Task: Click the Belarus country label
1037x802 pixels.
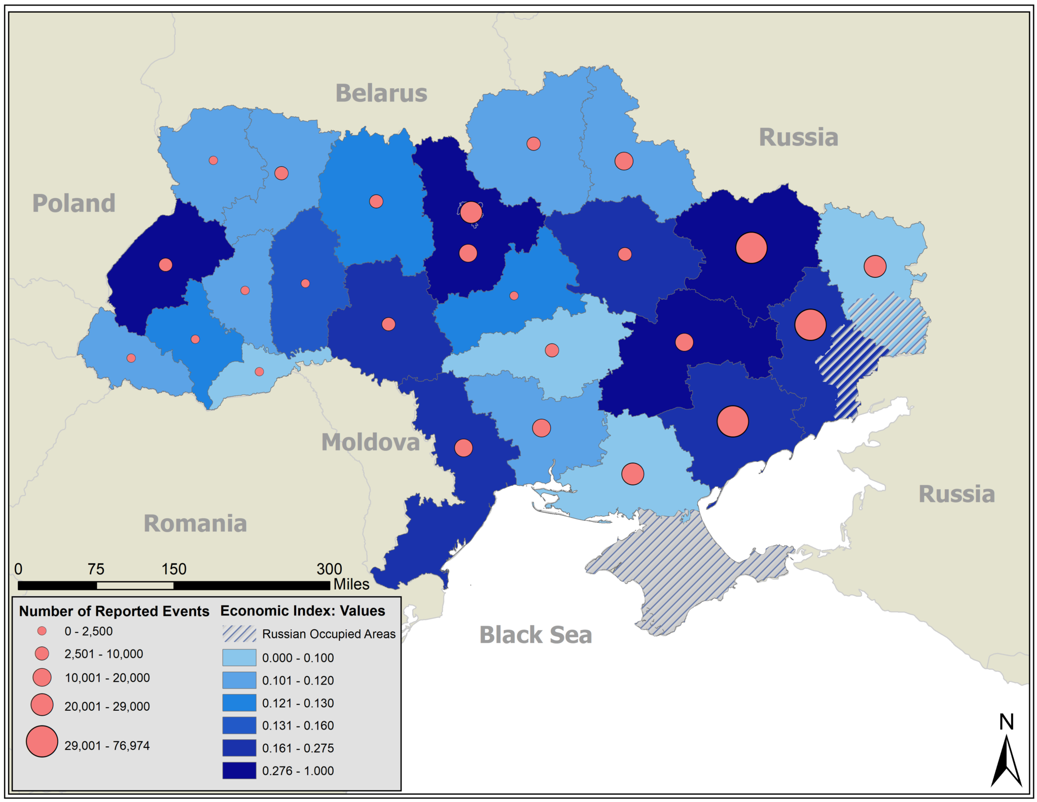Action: (x=381, y=93)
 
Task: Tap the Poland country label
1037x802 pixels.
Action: (x=74, y=203)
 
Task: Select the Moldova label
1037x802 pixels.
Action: (x=371, y=442)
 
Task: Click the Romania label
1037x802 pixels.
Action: (x=195, y=523)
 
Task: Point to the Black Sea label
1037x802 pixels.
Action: (x=536, y=635)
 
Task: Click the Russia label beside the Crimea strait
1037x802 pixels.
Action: (x=956, y=494)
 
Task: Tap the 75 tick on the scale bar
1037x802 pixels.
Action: (x=96, y=569)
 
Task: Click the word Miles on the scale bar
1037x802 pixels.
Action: (x=351, y=585)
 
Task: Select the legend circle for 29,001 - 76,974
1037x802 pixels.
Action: (x=42, y=741)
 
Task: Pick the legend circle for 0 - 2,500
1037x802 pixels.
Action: (x=42, y=631)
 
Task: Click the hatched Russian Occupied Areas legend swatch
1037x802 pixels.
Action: (x=239, y=634)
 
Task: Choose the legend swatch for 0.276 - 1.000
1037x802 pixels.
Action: (x=239, y=770)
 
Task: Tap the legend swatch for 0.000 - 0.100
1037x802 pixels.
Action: (x=239, y=658)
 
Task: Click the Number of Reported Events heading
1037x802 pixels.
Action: (x=114, y=612)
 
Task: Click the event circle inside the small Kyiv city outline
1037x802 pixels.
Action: (x=471, y=212)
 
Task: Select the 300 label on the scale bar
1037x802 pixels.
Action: (x=329, y=569)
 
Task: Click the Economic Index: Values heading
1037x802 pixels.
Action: (x=303, y=611)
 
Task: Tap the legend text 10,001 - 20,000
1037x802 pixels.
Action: (x=107, y=678)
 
